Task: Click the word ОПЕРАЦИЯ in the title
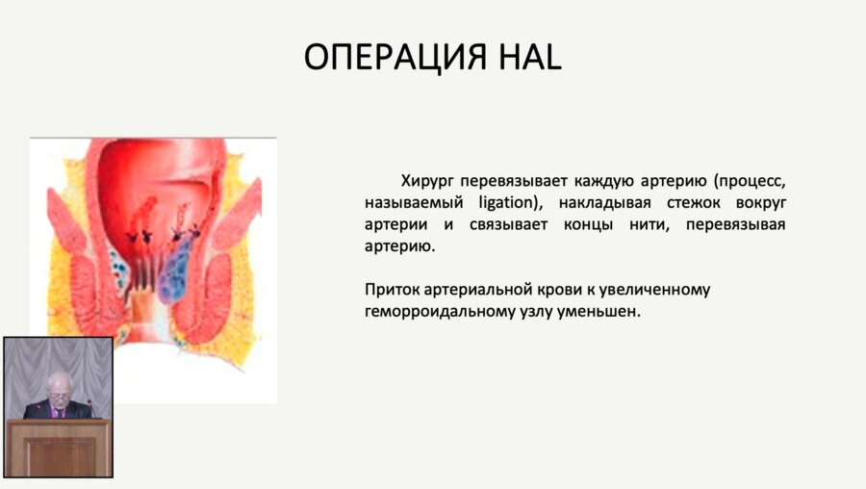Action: click(x=405, y=57)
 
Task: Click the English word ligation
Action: click(x=500, y=202)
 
